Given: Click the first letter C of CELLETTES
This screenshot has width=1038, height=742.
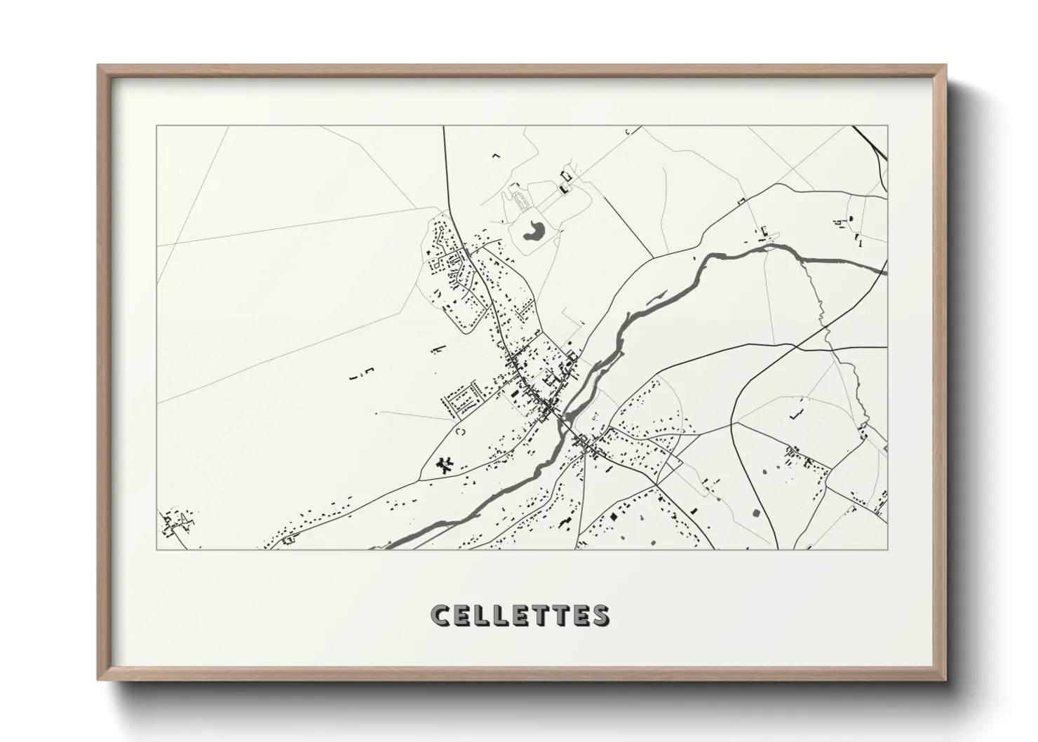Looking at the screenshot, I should tap(440, 615).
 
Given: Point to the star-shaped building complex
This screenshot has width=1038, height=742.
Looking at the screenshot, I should tap(444, 464).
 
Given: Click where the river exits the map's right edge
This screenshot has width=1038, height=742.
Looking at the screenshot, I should tap(885, 271).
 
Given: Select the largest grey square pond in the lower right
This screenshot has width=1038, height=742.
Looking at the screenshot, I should tap(757, 513).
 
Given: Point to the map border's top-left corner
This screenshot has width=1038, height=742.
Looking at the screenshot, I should tap(156, 126).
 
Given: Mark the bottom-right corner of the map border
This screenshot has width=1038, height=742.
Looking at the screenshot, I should tap(887, 549).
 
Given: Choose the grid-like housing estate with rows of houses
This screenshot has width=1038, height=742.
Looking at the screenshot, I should tap(460, 396).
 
